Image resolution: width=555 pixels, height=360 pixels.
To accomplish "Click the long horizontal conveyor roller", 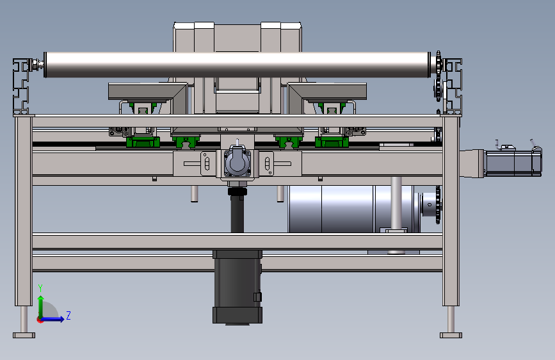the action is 237,65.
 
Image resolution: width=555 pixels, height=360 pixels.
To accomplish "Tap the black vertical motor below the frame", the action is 237,286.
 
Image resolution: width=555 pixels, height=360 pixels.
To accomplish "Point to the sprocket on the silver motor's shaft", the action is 438,205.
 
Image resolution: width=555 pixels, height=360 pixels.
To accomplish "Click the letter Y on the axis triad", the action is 40,288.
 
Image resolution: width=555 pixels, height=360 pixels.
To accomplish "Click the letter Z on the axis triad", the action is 68,315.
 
